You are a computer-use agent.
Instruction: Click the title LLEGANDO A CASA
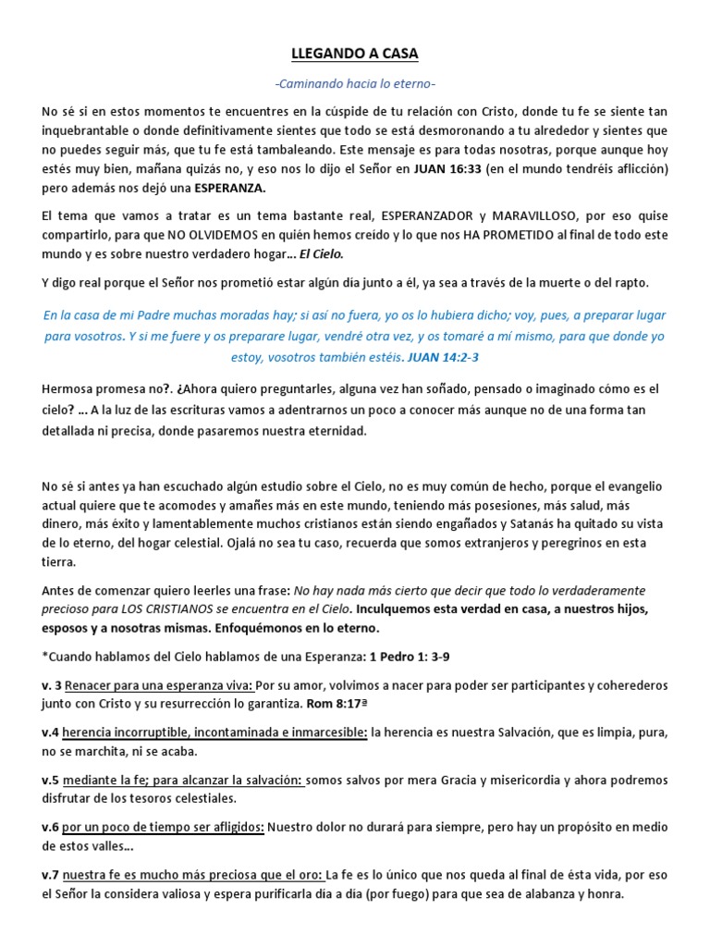pyautogui.click(x=355, y=55)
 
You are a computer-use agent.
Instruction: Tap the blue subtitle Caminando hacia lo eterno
pyautogui.click(x=355, y=85)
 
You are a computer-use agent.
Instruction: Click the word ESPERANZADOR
pyautogui.click(x=429, y=215)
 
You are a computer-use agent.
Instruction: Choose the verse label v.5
pyautogui.click(x=51, y=781)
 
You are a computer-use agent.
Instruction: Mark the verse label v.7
pyautogui.click(x=51, y=874)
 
